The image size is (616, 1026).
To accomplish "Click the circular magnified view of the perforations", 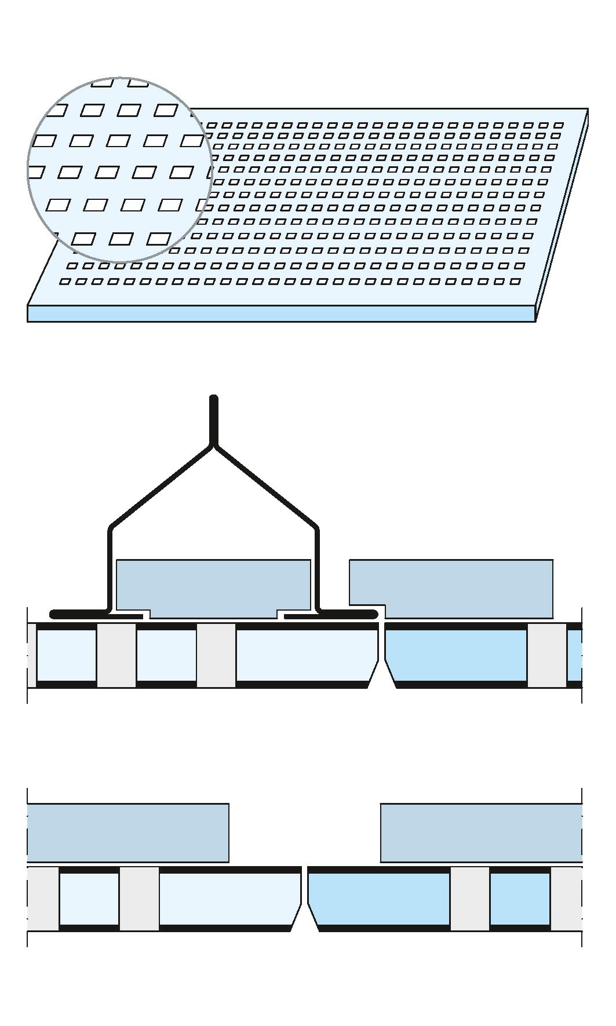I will tap(120, 170).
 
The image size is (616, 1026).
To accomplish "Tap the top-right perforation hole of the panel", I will tap(558, 125).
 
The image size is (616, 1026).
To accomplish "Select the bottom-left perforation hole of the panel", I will tap(65, 282).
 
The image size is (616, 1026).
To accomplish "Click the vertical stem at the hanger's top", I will tap(213, 420).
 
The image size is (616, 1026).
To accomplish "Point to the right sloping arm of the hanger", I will tap(266, 487).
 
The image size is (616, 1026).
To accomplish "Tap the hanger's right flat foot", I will tap(348, 614).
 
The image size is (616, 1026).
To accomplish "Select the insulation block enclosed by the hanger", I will tap(213, 586).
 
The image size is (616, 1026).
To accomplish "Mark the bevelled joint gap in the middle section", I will tap(382, 660).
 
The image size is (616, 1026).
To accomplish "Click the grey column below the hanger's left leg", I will tap(116, 655).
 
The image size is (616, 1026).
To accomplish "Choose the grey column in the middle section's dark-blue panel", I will tap(546, 655).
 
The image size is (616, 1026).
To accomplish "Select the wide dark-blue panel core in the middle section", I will tap(455, 655).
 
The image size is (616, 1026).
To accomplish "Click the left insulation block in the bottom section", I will tap(127, 833).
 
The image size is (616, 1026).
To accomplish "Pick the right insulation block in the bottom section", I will tap(481, 833).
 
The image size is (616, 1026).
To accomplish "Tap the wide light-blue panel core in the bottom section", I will tap(229, 899).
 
